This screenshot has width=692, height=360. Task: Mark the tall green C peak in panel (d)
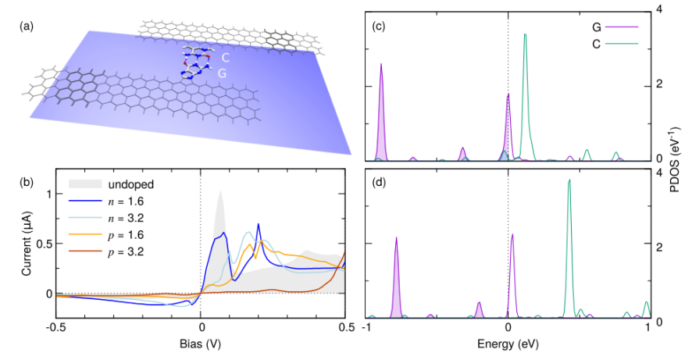(x=569, y=181)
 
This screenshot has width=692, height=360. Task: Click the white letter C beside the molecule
(x=225, y=59)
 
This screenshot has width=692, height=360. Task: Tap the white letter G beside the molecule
(x=221, y=73)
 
